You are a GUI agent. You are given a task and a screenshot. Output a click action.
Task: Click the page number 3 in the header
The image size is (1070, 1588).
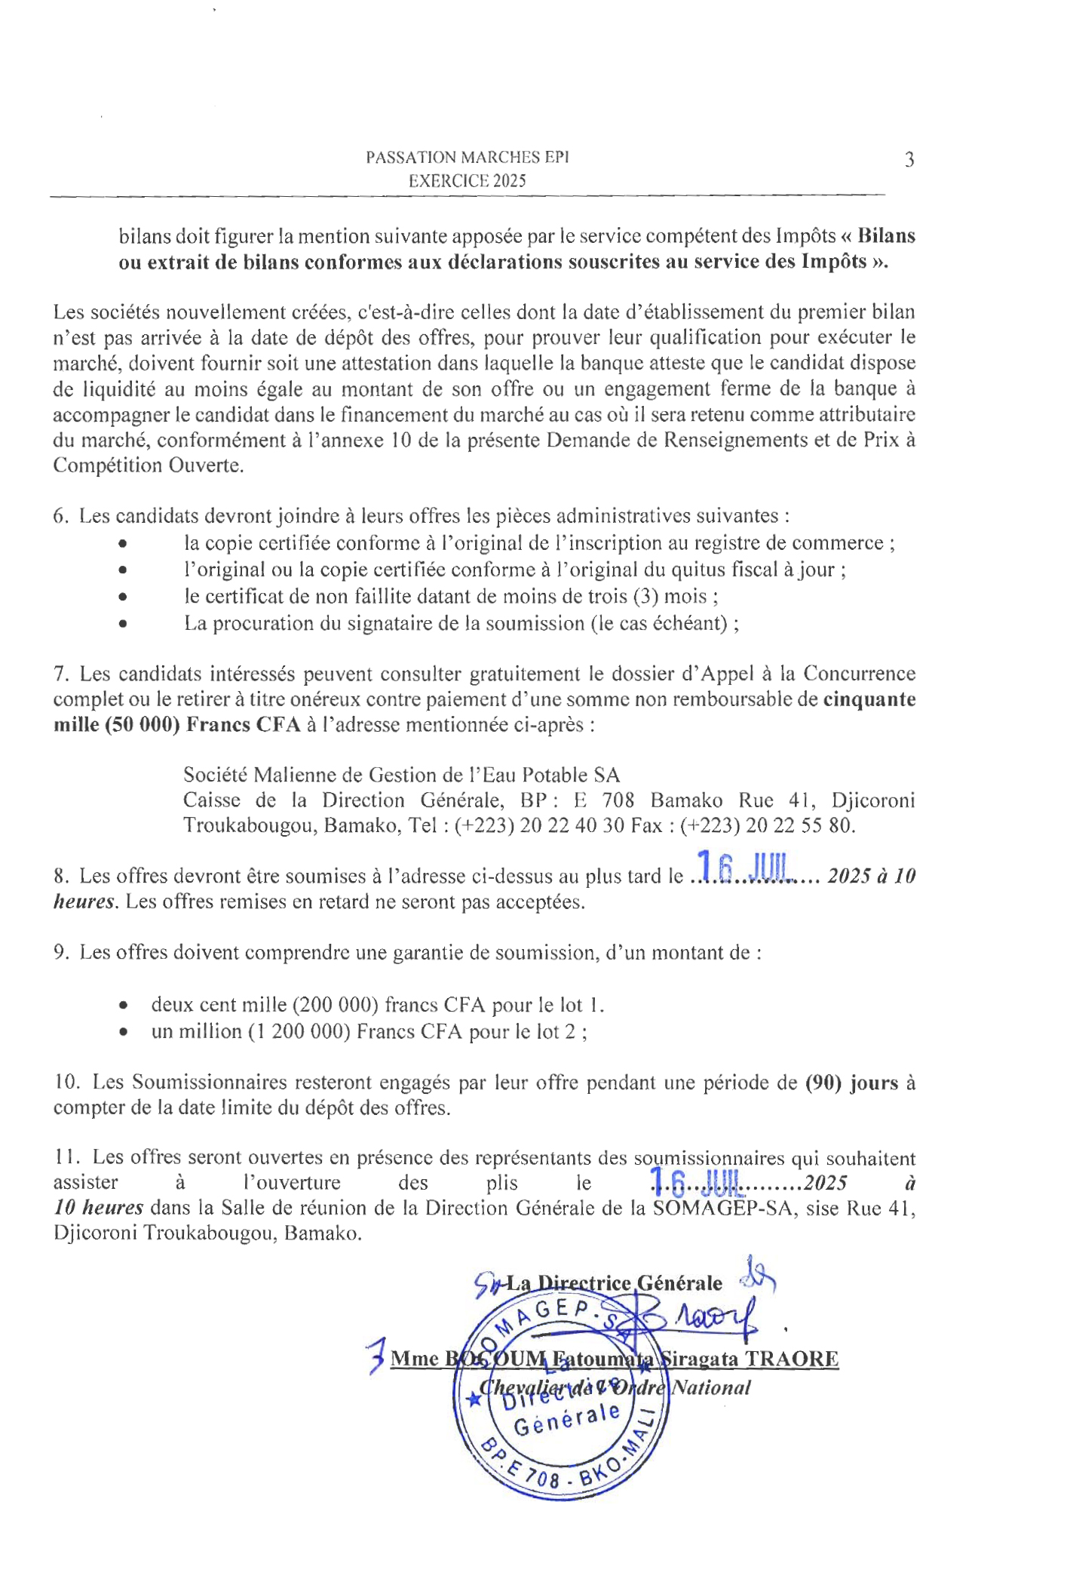909,160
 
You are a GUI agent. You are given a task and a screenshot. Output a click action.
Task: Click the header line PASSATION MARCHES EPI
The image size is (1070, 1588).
468,158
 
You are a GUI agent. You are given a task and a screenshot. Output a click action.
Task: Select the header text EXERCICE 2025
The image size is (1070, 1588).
468,181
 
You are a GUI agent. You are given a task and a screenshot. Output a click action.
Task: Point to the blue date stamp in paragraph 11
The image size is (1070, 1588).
698,1181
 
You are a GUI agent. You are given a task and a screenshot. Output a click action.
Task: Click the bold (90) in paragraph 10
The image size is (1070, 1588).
823,1083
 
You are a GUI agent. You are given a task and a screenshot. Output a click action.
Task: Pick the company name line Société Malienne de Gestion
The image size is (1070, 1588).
401,775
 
